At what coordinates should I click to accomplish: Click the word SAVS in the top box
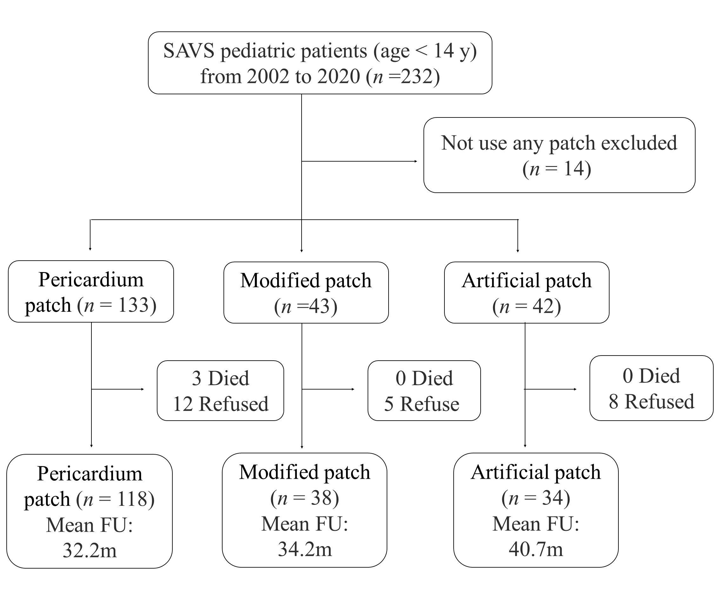tap(189, 51)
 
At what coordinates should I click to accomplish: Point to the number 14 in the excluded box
tap(574, 169)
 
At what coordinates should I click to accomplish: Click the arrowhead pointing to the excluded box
tap(416, 161)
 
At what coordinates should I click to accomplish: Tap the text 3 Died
tap(220, 378)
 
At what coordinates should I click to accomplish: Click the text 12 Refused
tap(220, 404)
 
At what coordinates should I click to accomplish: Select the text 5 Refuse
tap(421, 404)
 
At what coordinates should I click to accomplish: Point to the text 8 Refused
tap(651, 402)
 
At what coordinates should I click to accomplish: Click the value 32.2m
tap(90, 550)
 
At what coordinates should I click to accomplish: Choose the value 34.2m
tap(304, 549)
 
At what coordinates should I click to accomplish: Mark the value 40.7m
tap(536, 549)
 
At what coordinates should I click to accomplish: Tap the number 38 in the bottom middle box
tap(321, 498)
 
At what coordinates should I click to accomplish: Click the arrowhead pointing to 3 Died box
tap(142, 389)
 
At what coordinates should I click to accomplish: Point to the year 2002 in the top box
tap(269, 77)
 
